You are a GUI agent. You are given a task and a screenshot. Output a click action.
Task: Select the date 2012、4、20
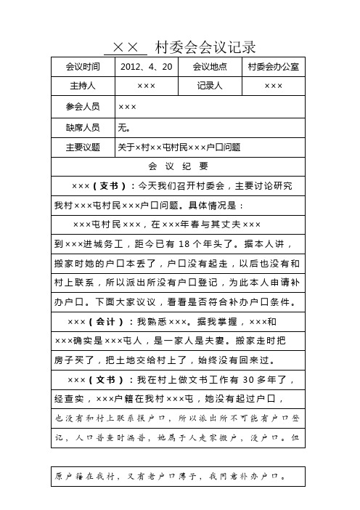[x=147, y=66]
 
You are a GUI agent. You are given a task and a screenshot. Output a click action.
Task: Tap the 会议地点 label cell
[x=210, y=66]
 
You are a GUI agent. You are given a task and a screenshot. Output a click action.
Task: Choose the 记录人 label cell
[x=210, y=86]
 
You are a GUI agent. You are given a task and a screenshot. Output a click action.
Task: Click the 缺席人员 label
[x=83, y=126]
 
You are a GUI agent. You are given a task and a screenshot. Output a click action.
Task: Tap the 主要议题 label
[x=83, y=147]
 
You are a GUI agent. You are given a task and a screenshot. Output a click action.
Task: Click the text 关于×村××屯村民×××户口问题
[x=179, y=147]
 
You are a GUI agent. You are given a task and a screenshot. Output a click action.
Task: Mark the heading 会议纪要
[x=179, y=166]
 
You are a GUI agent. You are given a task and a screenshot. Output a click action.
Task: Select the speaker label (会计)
[x=107, y=321]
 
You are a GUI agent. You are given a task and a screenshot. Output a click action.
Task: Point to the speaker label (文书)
[x=107, y=379]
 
